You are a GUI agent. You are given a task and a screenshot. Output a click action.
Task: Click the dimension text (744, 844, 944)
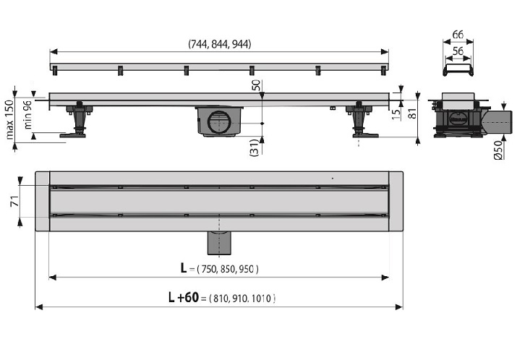click(x=220, y=44)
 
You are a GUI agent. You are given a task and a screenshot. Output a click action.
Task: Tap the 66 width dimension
click(x=458, y=34)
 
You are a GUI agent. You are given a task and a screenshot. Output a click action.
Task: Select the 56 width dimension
click(x=458, y=51)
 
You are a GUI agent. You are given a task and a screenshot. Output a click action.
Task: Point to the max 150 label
click(x=9, y=119)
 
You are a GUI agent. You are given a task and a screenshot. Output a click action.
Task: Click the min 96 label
click(x=27, y=115)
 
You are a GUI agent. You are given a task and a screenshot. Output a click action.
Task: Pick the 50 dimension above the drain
click(x=256, y=85)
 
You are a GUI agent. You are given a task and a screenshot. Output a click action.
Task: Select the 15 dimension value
click(x=397, y=113)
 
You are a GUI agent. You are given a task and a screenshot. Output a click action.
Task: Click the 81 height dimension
click(x=412, y=113)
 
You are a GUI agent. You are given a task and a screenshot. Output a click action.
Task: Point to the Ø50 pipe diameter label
click(x=499, y=150)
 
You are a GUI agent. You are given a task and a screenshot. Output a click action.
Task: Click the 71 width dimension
click(x=14, y=201)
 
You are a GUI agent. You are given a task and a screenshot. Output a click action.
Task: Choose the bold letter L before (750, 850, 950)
click(x=184, y=268)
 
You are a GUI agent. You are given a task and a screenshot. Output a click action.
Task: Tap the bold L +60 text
click(x=184, y=297)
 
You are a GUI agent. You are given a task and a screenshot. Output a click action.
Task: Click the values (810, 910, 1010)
click(x=242, y=299)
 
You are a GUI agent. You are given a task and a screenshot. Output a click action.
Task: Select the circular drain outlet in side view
click(x=220, y=122)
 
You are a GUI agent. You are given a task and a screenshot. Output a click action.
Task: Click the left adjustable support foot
click(x=78, y=119)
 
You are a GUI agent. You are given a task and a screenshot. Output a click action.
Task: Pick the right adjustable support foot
click(x=360, y=119)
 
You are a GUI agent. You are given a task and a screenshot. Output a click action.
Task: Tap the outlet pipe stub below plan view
click(x=219, y=243)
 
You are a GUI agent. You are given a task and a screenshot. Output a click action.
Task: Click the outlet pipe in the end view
click(x=497, y=122)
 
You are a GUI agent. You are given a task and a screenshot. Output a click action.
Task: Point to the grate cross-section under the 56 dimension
click(x=458, y=70)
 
